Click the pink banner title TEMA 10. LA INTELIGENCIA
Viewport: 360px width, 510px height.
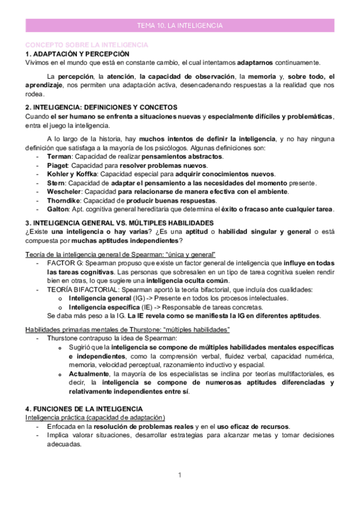pyautogui.click(x=180, y=26)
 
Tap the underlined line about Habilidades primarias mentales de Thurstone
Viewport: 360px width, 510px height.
pyautogui.click(x=127, y=330)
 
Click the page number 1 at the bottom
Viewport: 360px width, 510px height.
pyautogui.click(x=180, y=475)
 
